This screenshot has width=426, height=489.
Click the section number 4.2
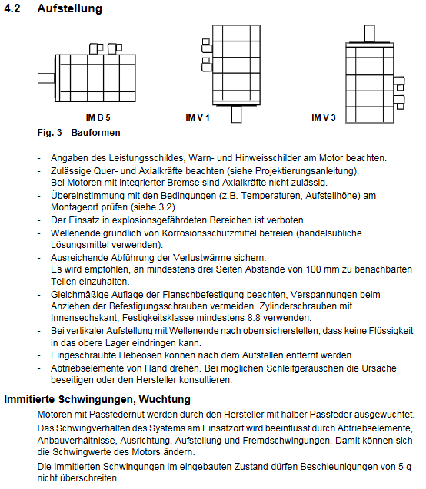[12, 8]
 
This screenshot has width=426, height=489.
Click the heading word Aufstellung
[70, 8]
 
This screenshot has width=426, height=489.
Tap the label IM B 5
[98, 117]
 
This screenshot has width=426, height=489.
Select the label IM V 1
[198, 117]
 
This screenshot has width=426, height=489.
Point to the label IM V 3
[324, 117]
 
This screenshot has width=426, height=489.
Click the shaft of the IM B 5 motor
[47, 78]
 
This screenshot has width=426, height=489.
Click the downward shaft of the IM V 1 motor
[236, 114]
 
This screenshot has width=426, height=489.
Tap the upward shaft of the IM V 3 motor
[370, 33]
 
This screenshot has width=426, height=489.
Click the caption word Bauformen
[95, 133]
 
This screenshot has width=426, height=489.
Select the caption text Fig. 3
[50, 133]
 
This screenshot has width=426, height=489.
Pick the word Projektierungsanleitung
[305, 171]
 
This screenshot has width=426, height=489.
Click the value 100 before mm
[313, 269]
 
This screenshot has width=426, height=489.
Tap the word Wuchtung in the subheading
[165, 399]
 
